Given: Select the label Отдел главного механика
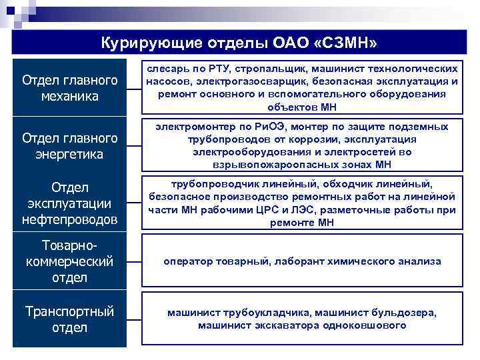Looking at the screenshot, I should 69,88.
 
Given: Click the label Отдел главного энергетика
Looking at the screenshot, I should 69,146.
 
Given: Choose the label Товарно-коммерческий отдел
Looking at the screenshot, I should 69,261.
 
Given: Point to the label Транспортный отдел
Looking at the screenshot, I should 69,319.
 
